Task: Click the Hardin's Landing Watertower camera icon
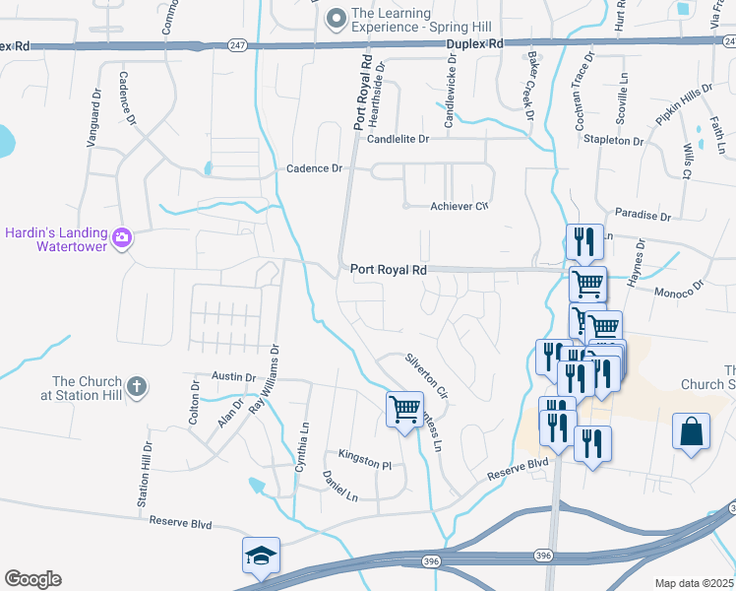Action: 121,237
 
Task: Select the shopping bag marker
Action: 692,430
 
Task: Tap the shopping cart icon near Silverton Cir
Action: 405,408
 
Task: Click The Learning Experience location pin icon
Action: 337,18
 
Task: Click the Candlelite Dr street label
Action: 399,140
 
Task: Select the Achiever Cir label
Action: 460,206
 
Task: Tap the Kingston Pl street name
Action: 365,454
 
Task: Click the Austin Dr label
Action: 233,377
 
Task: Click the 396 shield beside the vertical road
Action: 543,557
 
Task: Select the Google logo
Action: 32,579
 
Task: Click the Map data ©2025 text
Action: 695,583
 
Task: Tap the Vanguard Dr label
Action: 95,118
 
